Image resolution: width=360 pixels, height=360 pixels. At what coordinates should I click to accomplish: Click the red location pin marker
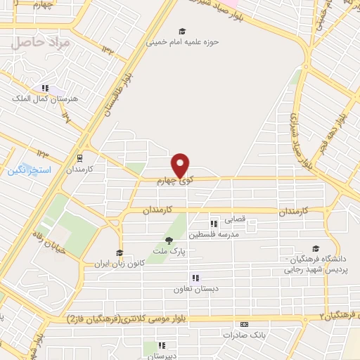(181, 165)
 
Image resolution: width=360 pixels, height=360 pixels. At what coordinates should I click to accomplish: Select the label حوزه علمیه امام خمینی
(183, 41)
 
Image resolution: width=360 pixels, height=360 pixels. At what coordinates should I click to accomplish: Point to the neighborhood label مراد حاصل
(41, 42)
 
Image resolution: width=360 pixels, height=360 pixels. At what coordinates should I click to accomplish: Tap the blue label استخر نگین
(27, 170)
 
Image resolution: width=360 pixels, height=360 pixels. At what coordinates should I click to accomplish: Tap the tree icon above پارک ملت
(167, 241)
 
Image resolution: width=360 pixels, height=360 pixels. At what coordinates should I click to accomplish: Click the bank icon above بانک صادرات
(244, 324)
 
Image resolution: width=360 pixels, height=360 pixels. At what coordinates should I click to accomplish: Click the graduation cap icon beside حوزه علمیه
(183, 32)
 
